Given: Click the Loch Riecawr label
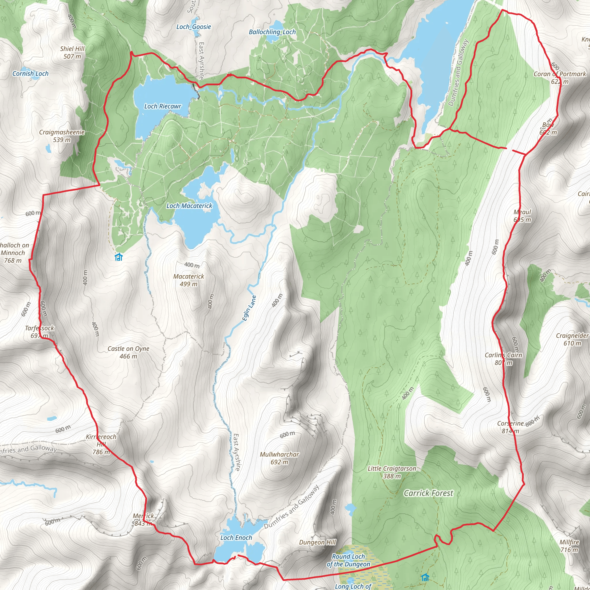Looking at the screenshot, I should coord(162,106).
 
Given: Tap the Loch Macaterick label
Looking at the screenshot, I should coord(189,206).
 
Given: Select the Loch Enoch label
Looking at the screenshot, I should coord(236,538).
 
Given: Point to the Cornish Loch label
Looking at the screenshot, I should coord(30,73).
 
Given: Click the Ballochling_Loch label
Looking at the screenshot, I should coord(272,32).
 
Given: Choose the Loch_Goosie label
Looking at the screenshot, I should coord(194,27).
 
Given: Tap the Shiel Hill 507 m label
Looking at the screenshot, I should coord(72,52).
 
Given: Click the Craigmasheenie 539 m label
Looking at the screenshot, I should coord(62,136).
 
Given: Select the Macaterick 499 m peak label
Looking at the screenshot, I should coord(188,280).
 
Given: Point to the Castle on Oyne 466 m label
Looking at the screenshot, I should coord(128,352).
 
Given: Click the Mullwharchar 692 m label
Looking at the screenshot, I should coord(279,458).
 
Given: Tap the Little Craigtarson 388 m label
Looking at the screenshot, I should coord(392,472).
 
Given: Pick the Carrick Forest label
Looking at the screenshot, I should coord(428,493).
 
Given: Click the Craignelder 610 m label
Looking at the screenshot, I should coord(572,339).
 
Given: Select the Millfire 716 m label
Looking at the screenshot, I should coord(569,546).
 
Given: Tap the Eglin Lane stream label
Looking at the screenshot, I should coord(249,308).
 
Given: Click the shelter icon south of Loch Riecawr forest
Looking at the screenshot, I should coord(118,257).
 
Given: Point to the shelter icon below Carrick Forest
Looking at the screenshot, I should coord(425,578).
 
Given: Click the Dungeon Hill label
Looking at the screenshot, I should coord(317,542).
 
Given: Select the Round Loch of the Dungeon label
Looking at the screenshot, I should coord(349,560).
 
